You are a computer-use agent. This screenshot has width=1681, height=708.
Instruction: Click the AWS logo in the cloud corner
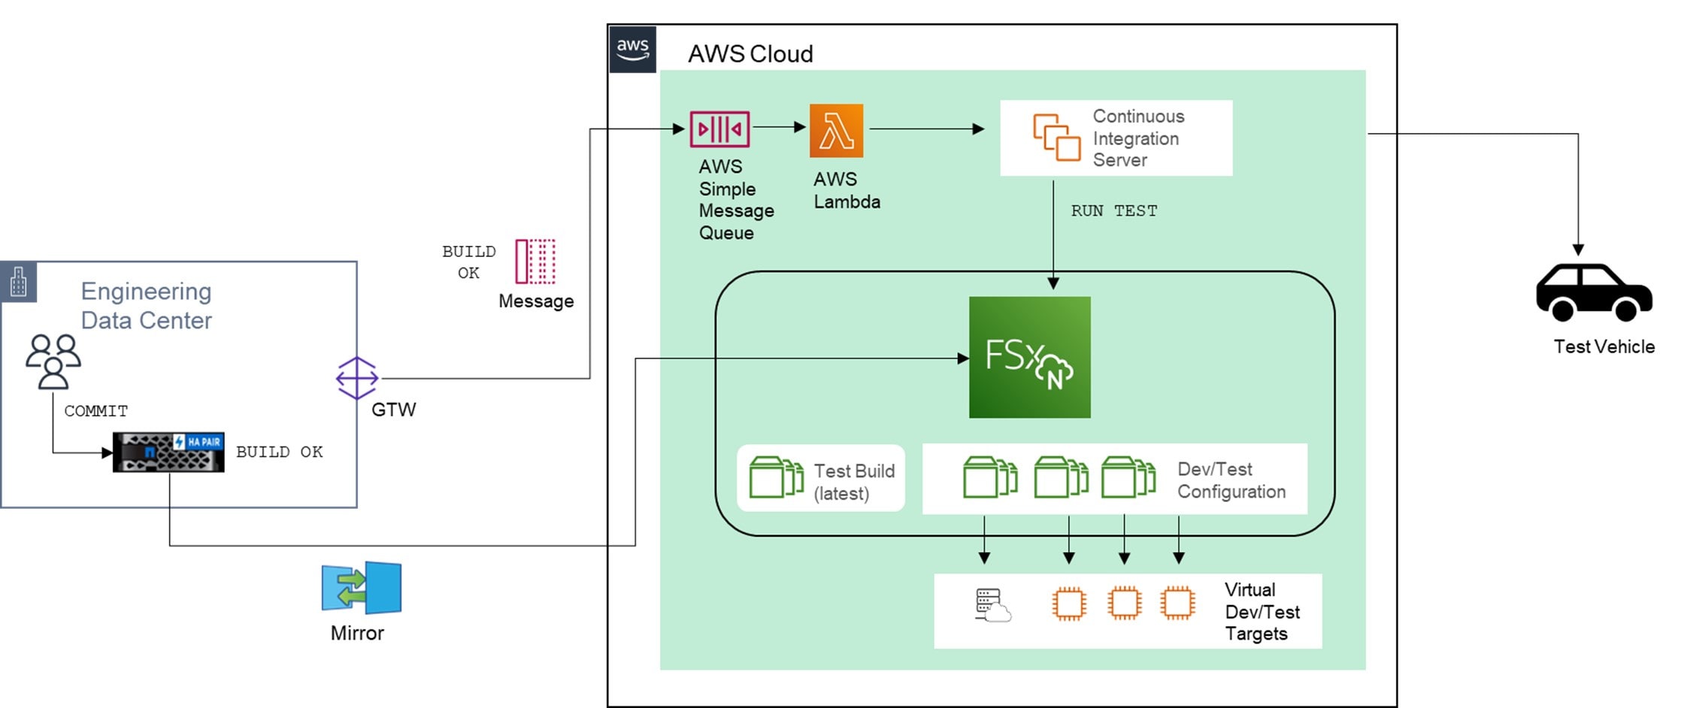[x=632, y=49]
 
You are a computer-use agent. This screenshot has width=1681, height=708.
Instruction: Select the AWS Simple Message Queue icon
[x=719, y=129]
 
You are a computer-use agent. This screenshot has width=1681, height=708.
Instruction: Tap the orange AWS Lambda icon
[x=836, y=131]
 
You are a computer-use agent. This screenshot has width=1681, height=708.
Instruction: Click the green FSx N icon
[x=1029, y=357]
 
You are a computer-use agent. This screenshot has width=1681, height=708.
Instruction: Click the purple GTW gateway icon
[x=356, y=378]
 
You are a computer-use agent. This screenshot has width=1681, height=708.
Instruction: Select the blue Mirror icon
[x=362, y=587]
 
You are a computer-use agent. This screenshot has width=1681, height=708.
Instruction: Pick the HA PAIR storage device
[x=168, y=452]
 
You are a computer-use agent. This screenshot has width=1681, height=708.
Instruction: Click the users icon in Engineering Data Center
[x=53, y=362]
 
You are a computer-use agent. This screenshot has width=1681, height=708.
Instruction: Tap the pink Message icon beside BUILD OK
[x=535, y=262]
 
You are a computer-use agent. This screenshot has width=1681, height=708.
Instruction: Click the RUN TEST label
[x=1113, y=211]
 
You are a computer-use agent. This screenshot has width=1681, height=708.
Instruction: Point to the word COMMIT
[x=95, y=411]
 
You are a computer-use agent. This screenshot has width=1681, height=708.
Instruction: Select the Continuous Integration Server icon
[x=1056, y=138]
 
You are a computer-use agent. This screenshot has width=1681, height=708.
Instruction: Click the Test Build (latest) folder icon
[x=776, y=477]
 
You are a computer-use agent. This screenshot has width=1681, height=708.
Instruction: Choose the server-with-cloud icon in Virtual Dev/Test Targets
[x=992, y=606]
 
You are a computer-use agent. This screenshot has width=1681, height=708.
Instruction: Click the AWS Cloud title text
[x=750, y=54]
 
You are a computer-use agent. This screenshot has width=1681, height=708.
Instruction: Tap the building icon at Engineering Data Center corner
[x=19, y=282]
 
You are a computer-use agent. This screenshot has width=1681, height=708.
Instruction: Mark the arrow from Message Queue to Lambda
[x=779, y=128]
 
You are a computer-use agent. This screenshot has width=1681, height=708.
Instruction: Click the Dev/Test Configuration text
[x=1231, y=480]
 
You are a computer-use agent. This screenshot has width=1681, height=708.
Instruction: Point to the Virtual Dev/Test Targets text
[x=1262, y=612]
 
